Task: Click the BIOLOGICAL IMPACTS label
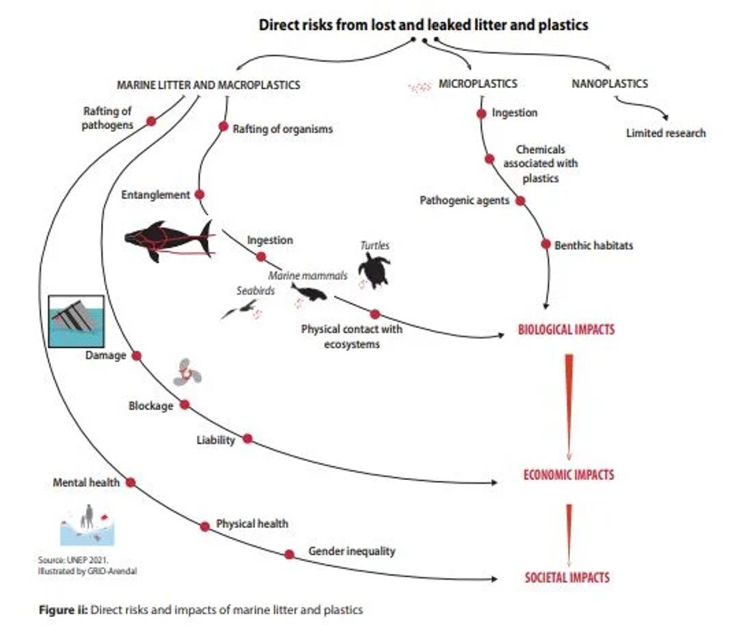click(566, 329)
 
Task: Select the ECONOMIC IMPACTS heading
click(568, 475)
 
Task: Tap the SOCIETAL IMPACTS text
click(567, 578)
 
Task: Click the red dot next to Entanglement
click(200, 194)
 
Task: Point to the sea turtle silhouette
click(374, 270)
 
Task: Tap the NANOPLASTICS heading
click(609, 84)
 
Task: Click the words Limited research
click(666, 133)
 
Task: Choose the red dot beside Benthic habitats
click(546, 244)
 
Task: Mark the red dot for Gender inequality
click(290, 554)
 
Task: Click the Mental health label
click(87, 482)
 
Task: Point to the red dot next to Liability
click(247, 439)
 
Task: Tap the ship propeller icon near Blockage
click(187, 373)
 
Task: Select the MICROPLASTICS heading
click(478, 84)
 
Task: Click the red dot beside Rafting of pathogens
click(151, 121)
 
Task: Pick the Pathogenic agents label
click(464, 200)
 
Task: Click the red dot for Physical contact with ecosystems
click(375, 314)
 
